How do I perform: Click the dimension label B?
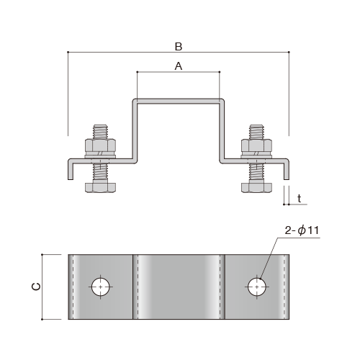pos(179,46)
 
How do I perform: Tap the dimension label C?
pos(36,287)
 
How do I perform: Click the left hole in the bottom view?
pos(101,287)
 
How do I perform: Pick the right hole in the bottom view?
pos(257,287)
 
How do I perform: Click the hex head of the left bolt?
pos(100,188)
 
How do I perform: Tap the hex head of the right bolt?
pos(257,188)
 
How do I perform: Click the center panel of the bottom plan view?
pos(179,287)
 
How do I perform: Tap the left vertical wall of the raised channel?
pos(135,130)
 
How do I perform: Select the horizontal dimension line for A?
pos(158,73)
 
